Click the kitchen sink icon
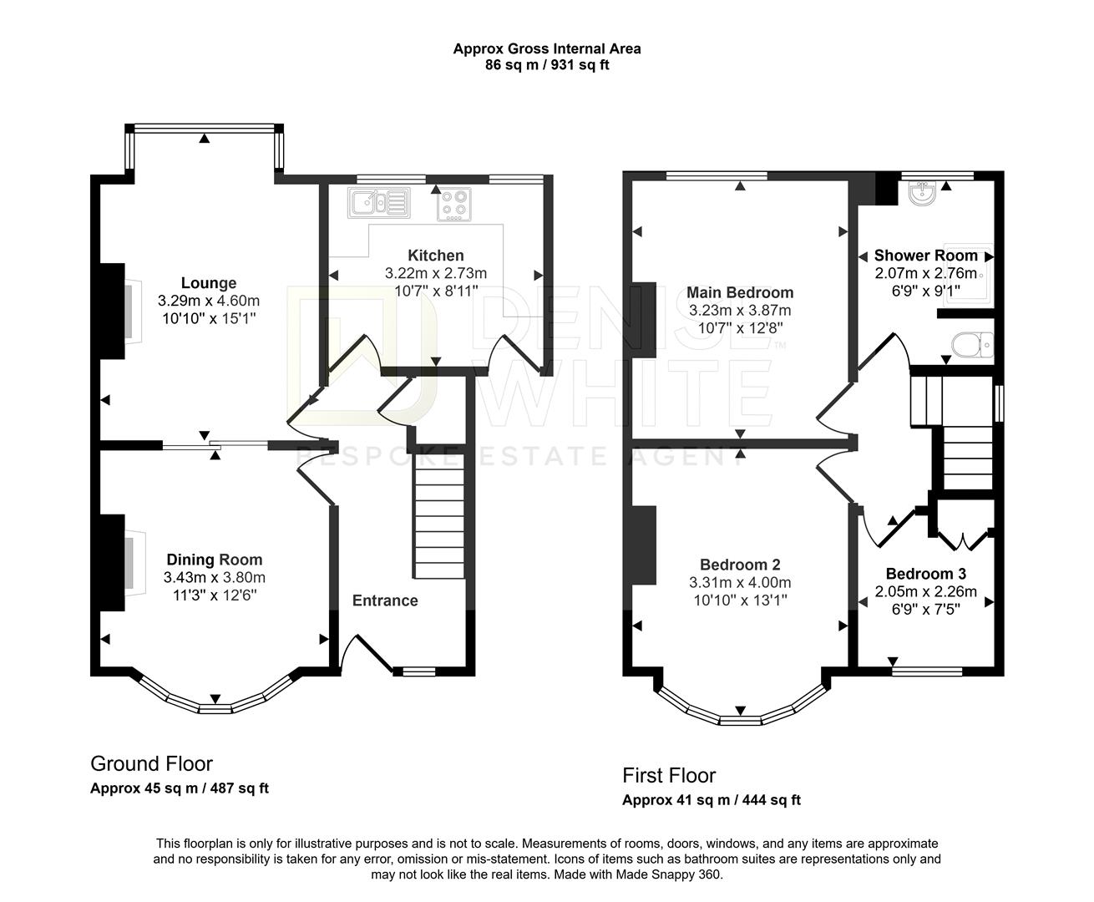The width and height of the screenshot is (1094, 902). point(379,202)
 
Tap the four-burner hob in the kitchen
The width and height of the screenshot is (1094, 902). point(453,205)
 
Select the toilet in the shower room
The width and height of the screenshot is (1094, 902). point(972,345)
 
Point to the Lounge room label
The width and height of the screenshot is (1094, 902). point(209,283)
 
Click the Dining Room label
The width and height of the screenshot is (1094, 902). point(215,560)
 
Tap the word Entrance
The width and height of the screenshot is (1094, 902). point(385,600)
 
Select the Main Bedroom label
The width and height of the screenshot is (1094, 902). point(740,292)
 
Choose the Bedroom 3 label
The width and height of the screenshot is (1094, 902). point(926,574)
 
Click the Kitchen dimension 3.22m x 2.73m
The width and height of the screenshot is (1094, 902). point(436,273)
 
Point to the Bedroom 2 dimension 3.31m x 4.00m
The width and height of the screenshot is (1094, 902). point(740,582)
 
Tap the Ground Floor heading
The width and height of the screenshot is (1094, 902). point(151,763)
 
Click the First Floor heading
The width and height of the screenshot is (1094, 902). point(669,776)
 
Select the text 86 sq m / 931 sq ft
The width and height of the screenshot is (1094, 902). point(547,65)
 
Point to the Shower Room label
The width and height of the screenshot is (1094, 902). point(926,256)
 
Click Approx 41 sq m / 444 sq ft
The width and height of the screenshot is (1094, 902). point(712,800)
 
